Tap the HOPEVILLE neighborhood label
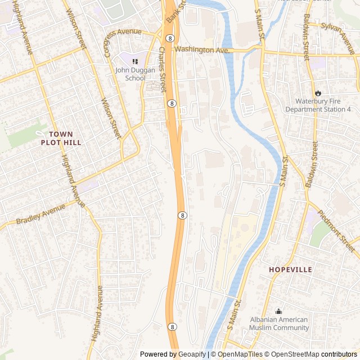290,270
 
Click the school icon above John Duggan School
135,61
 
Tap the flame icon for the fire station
318,93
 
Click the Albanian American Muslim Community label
279,323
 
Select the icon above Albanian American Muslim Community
278,311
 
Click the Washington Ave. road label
202,50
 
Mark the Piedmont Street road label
337,231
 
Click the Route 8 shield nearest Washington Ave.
170,38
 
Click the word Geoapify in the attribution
192,354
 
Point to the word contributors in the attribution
339,354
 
